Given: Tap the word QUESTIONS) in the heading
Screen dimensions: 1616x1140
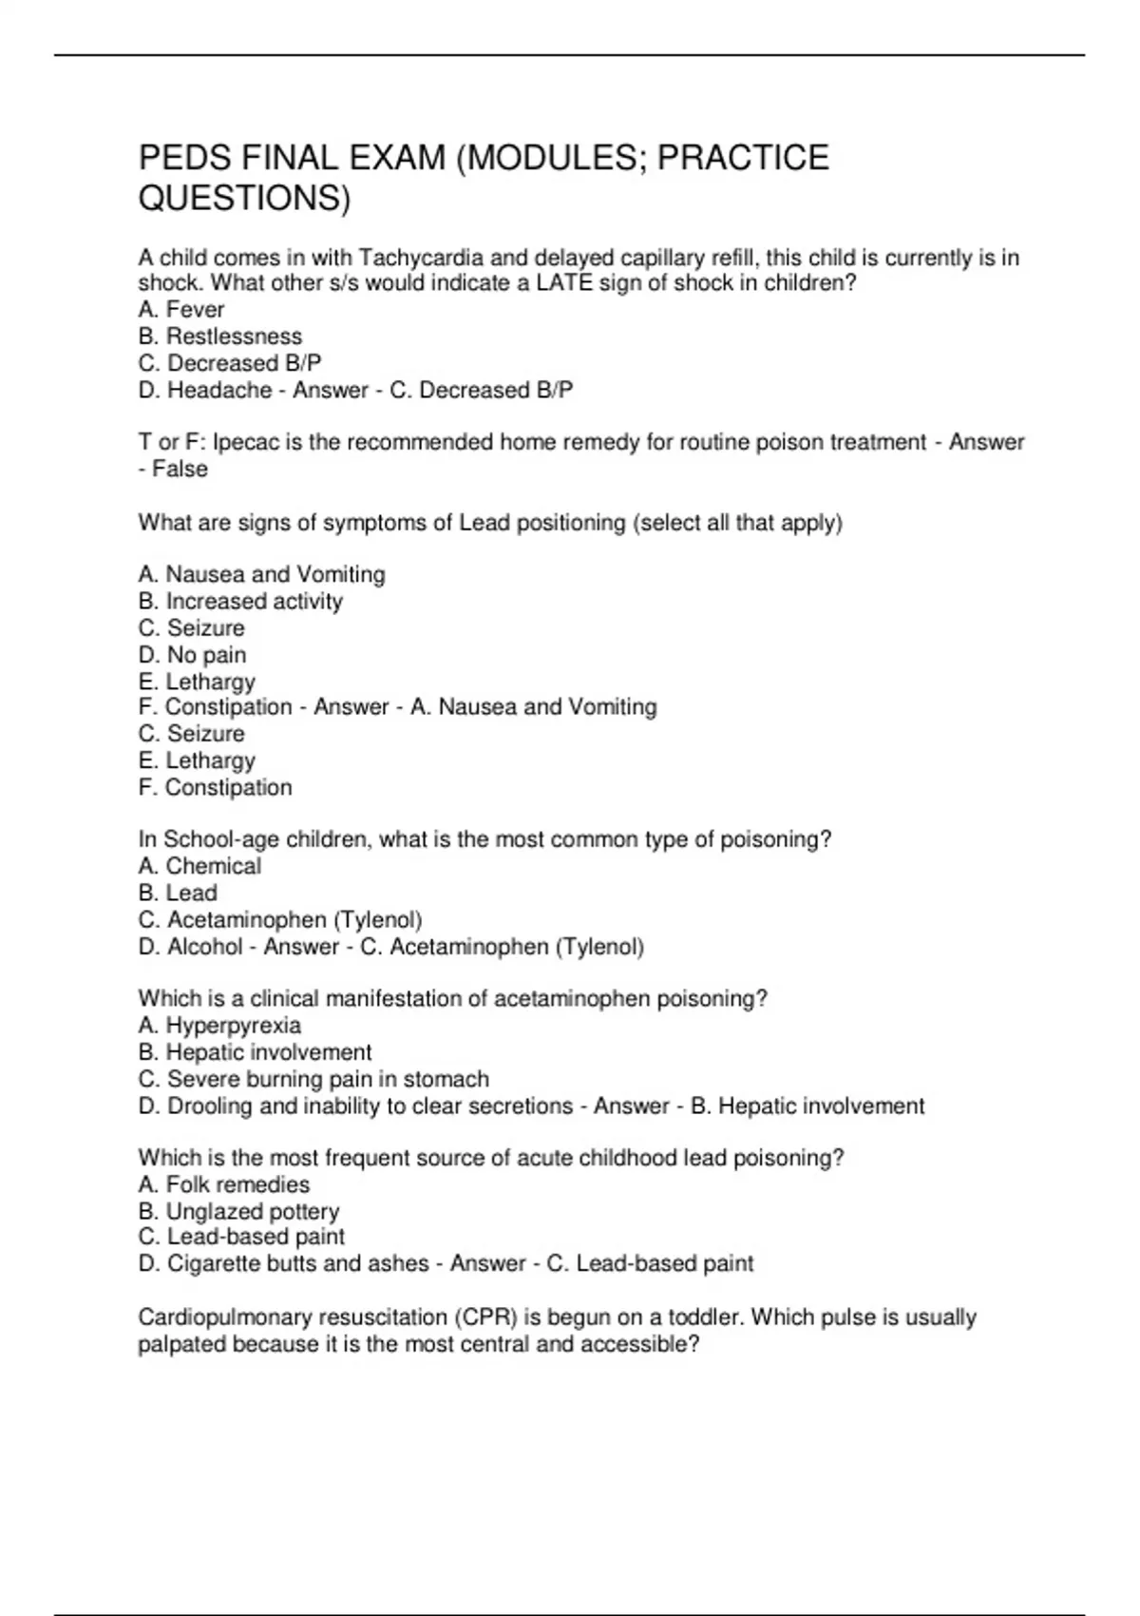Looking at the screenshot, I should pyautogui.click(x=244, y=199).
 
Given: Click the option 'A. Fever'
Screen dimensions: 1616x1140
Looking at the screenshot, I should pyautogui.click(x=181, y=310).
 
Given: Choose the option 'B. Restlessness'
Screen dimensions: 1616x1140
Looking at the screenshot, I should pyautogui.click(x=220, y=337).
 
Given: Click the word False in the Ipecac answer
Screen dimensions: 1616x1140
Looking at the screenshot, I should pyautogui.click(x=180, y=470).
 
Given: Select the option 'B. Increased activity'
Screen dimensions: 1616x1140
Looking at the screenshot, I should pyautogui.click(x=240, y=602).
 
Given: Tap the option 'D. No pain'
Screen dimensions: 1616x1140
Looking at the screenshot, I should pyautogui.click(x=193, y=655).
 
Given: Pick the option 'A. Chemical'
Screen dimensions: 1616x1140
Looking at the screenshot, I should pyautogui.click(x=199, y=866).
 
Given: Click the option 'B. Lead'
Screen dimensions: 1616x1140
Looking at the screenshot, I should pyautogui.click(x=178, y=894).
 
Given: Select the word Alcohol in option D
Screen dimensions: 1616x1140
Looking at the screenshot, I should pyautogui.click(x=205, y=947).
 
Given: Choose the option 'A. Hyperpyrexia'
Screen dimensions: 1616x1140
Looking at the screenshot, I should pyautogui.click(x=219, y=1026).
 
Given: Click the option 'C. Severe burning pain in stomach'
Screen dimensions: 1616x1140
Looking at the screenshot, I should pyautogui.click(x=313, y=1080).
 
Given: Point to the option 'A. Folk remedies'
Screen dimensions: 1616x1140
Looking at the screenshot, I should pyautogui.click(x=224, y=1185).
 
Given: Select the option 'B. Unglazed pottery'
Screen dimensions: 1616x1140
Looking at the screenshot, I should pyautogui.click(x=238, y=1212).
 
